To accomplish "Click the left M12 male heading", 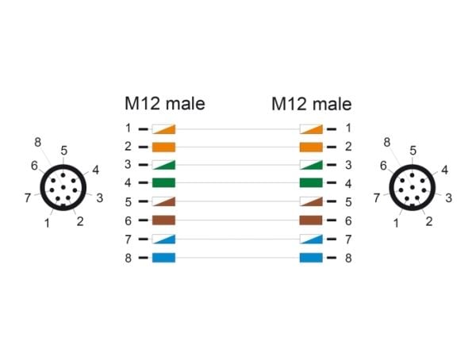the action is pos(165,104).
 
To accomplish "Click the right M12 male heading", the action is pos(312,104).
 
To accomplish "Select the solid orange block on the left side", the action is pos(163,147).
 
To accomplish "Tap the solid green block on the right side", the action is pos(311,182).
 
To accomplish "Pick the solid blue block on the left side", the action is pos(163,258).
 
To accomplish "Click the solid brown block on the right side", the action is pos(311,220).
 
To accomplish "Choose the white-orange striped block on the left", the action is pos(163,129).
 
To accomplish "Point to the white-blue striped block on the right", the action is pos(311,239).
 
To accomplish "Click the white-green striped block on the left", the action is pos(163,165).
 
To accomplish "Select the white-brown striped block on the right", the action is pos(311,201).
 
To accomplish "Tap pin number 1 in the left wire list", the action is pos(129,128).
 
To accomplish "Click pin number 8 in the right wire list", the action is pos(348,258).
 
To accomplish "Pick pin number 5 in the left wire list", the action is pos(129,202).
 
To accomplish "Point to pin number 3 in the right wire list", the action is pos(348,165).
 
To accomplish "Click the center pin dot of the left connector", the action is pos(63,187).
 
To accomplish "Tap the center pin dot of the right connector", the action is pos(413,187).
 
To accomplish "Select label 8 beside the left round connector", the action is pos(37,142).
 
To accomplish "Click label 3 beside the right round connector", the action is pos(449,198).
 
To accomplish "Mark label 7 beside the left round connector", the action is pos(28,198).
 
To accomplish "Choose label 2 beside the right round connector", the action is pos(429,221).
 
